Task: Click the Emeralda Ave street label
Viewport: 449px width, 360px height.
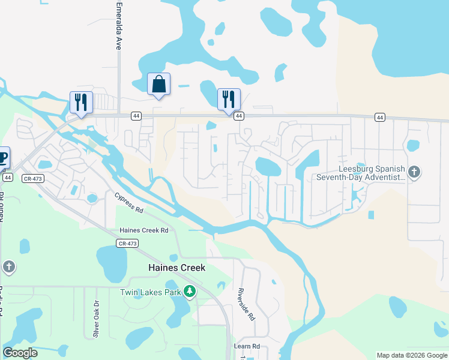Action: click(x=118, y=29)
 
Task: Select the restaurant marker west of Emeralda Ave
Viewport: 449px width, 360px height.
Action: click(x=81, y=102)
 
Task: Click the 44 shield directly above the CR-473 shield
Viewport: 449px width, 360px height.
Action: click(x=7, y=178)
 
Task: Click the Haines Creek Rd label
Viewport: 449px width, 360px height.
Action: click(x=144, y=230)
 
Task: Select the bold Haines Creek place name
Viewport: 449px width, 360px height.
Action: click(x=177, y=268)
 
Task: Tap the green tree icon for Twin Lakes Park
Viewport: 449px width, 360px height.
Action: click(x=190, y=292)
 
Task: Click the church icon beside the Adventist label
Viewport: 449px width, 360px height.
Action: click(x=414, y=173)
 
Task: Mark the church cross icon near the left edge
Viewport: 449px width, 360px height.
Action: click(x=8, y=267)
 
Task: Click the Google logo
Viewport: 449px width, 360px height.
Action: click(x=20, y=353)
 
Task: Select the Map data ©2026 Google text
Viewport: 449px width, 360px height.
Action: click(x=412, y=355)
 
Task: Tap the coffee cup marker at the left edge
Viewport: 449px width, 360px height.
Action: click(x=3, y=158)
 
